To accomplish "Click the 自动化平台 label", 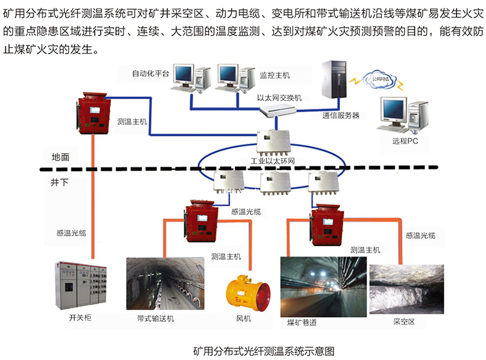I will click(x=150, y=74).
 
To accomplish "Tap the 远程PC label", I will click(x=404, y=141).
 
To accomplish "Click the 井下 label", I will click(x=60, y=183).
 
